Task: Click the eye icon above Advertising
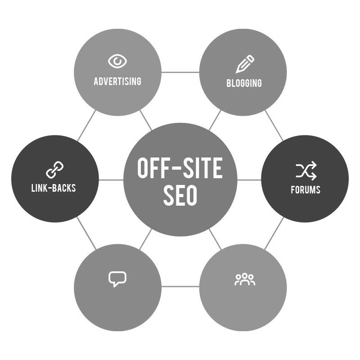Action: click(117, 61)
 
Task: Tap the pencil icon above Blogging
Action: click(245, 64)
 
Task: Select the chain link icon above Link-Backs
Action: click(55, 170)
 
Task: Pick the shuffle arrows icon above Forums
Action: click(306, 171)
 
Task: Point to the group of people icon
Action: click(245, 279)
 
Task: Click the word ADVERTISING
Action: click(117, 81)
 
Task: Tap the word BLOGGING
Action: click(244, 83)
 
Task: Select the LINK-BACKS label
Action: click(54, 188)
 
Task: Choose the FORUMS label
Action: click(306, 189)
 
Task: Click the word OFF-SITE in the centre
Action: click(180, 168)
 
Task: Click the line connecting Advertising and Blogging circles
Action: click(180, 72)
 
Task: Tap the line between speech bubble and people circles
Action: click(180, 286)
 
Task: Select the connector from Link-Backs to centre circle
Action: click(111, 180)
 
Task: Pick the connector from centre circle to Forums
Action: click(249, 180)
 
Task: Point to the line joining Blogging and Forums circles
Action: click(274, 126)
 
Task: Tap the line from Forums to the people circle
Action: click(274, 233)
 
